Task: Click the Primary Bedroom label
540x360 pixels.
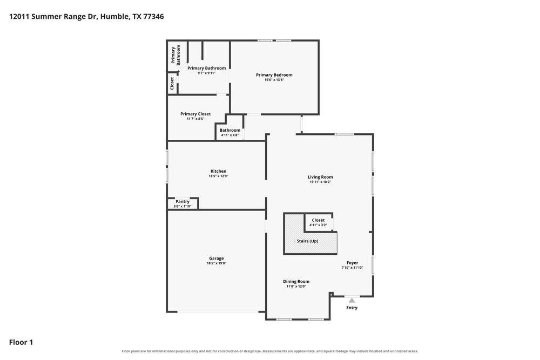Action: [x=274, y=74]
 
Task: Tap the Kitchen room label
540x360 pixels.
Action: [x=218, y=171]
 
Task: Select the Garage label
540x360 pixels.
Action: [x=217, y=258]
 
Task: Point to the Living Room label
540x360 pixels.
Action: [x=320, y=177]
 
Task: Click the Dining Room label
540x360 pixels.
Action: [x=296, y=281]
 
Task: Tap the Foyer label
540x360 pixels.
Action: [x=352, y=263]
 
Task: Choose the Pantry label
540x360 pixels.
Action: [x=183, y=201]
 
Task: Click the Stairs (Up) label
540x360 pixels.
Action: [x=308, y=241]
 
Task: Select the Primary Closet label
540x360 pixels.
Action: [x=195, y=114]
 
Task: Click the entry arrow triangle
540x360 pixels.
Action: [x=352, y=301]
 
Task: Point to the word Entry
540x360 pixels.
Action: [x=352, y=308]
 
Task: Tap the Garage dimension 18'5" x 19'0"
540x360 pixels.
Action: [x=217, y=263]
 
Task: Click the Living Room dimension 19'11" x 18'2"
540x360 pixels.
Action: [x=320, y=182]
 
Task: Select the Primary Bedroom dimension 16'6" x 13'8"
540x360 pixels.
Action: [x=274, y=80]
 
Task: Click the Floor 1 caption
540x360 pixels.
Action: [x=21, y=342]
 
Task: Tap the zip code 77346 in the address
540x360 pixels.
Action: [x=153, y=16]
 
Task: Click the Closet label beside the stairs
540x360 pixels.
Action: [x=318, y=220]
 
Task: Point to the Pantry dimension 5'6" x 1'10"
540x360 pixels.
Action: [x=183, y=206]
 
